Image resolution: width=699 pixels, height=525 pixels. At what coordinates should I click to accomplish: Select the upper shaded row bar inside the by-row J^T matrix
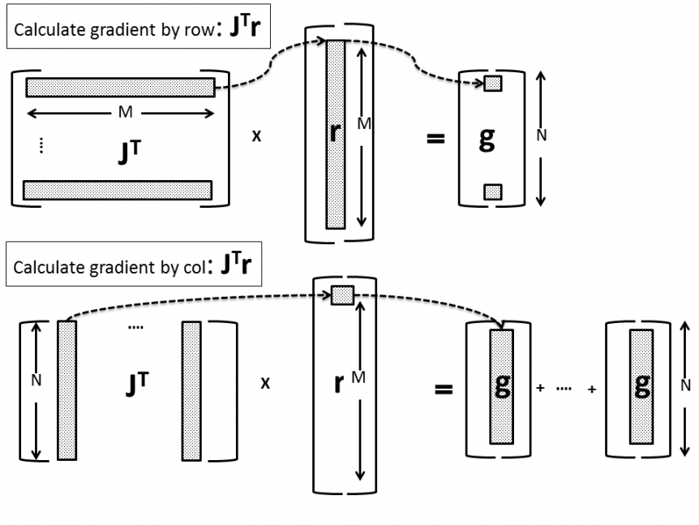tap(120, 87)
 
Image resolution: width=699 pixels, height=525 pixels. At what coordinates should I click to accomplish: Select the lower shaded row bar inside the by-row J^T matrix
tap(118, 189)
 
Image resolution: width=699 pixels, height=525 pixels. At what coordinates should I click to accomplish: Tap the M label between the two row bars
tap(124, 113)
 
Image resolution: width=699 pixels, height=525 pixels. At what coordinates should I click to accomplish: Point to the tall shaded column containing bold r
tap(336, 134)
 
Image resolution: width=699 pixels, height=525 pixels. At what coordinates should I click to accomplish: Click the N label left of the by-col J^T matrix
tap(34, 379)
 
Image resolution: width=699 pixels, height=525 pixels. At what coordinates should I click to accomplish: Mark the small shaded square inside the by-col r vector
tap(341, 295)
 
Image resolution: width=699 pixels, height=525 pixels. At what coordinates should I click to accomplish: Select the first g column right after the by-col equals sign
tap(500, 386)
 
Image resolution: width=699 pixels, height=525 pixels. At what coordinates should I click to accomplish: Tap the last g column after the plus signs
tap(642, 386)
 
